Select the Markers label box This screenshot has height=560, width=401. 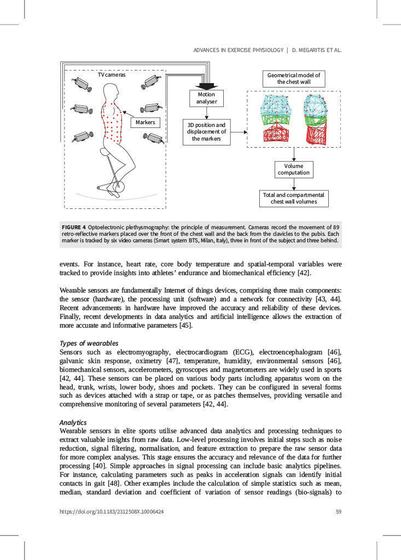pos(146,122)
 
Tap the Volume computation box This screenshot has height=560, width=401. pos(294,169)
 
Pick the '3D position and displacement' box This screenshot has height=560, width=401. pos(206,132)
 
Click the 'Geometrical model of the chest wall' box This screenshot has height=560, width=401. pos(294,78)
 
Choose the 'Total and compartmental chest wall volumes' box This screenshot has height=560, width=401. pos(294,199)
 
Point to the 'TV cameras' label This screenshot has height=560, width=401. pos(112,75)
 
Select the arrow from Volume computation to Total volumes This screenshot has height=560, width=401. pos(294,184)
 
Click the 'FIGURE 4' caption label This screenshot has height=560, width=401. pos(73,226)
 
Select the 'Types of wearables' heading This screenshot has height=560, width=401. pos(89,343)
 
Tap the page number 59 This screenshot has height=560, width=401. pos(338,512)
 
